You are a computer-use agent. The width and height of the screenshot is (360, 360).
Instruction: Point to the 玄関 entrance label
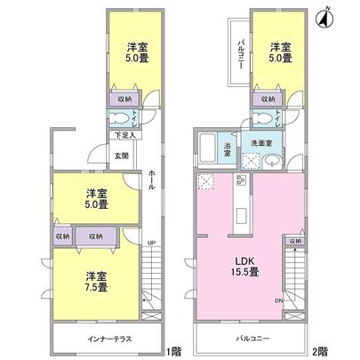coord(122,156)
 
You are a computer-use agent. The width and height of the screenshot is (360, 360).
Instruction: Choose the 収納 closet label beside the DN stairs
coord(293,241)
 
